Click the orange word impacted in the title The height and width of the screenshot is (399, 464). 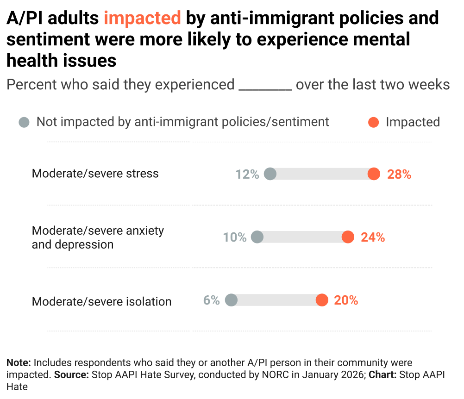(142, 19)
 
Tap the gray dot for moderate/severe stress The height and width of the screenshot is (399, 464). (270, 174)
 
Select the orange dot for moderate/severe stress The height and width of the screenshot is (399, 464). (374, 174)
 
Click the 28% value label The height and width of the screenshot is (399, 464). (399, 174)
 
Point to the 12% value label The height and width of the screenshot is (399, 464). (247, 174)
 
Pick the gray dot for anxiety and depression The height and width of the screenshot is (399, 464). (257, 237)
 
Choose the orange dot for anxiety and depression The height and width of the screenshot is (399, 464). (348, 237)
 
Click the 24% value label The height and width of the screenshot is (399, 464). (373, 237)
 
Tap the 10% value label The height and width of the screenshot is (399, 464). (235, 237)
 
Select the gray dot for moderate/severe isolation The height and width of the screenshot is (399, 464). (231, 300)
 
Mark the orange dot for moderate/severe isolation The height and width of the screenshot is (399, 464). (322, 300)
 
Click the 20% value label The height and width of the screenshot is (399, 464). (346, 300)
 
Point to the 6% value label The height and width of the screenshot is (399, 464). (211, 300)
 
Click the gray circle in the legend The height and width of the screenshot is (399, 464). (24, 122)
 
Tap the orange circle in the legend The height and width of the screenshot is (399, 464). (373, 122)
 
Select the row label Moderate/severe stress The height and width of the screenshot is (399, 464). (95, 174)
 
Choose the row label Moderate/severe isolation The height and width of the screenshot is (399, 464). (101, 302)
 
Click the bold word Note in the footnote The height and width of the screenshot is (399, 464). (18, 362)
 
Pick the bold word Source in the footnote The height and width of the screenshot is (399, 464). (71, 374)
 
